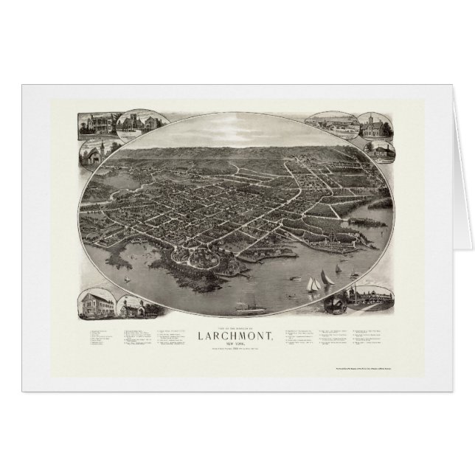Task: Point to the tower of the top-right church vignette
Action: [x=367, y=119]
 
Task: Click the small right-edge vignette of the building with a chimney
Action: [x=384, y=150]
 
